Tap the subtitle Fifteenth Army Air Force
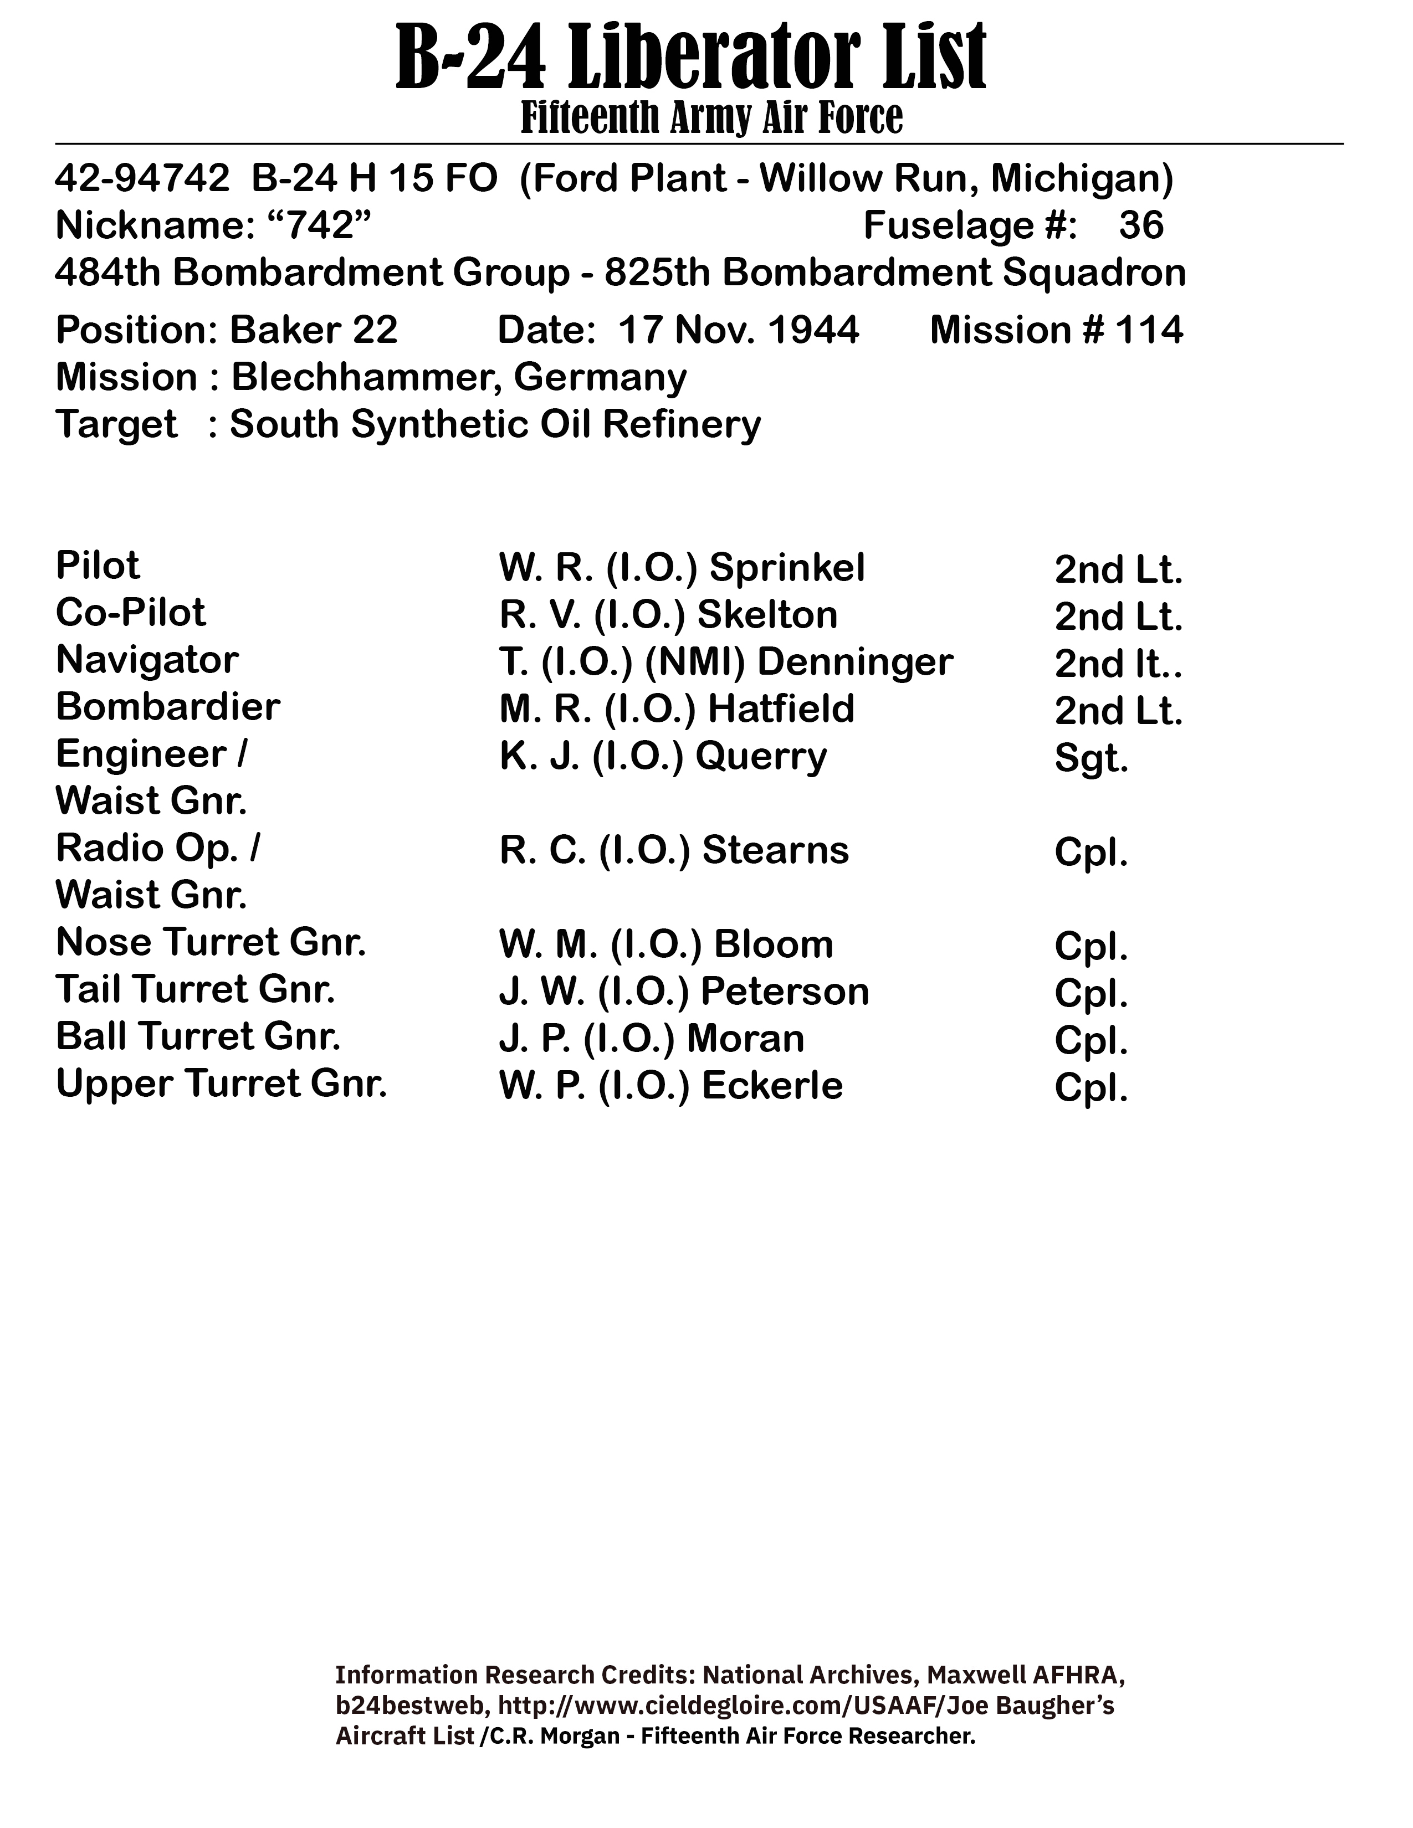[x=711, y=118]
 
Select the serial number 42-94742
[x=141, y=178]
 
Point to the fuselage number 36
[x=1141, y=225]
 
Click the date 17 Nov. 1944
[x=738, y=330]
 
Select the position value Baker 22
[x=313, y=330]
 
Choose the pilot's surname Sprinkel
[x=787, y=569]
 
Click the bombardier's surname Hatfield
[x=781, y=710]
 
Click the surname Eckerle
[x=772, y=1086]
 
